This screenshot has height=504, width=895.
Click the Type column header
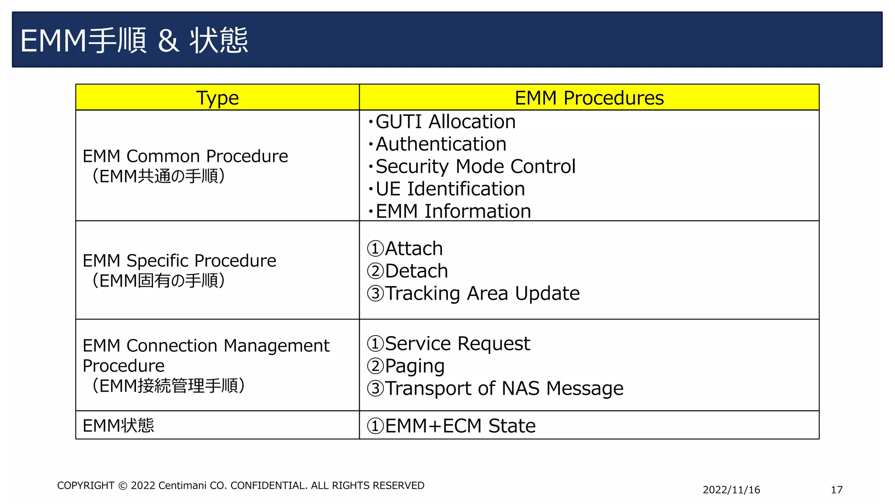coord(217,98)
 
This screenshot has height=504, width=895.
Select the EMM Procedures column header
coord(589,98)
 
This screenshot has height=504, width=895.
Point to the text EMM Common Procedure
coord(185,156)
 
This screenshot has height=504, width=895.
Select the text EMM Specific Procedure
coord(179,261)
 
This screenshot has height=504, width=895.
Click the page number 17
coord(836,490)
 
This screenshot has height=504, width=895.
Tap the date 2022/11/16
coord(731,490)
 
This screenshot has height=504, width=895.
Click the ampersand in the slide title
coord(168,41)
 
